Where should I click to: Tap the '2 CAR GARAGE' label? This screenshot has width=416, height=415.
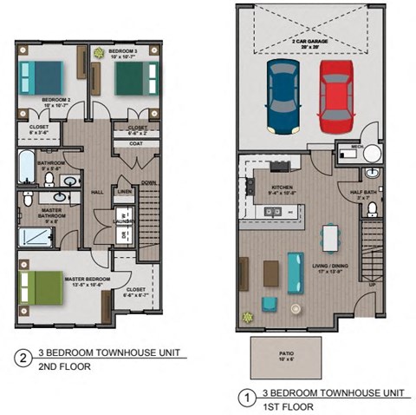click(x=310, y=42)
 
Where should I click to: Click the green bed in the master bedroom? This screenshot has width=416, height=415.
click(x=38, y=286)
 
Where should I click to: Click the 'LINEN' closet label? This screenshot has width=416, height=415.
click(x=124, y=191)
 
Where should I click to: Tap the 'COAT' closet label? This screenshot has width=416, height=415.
click(x=135, y=144)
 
